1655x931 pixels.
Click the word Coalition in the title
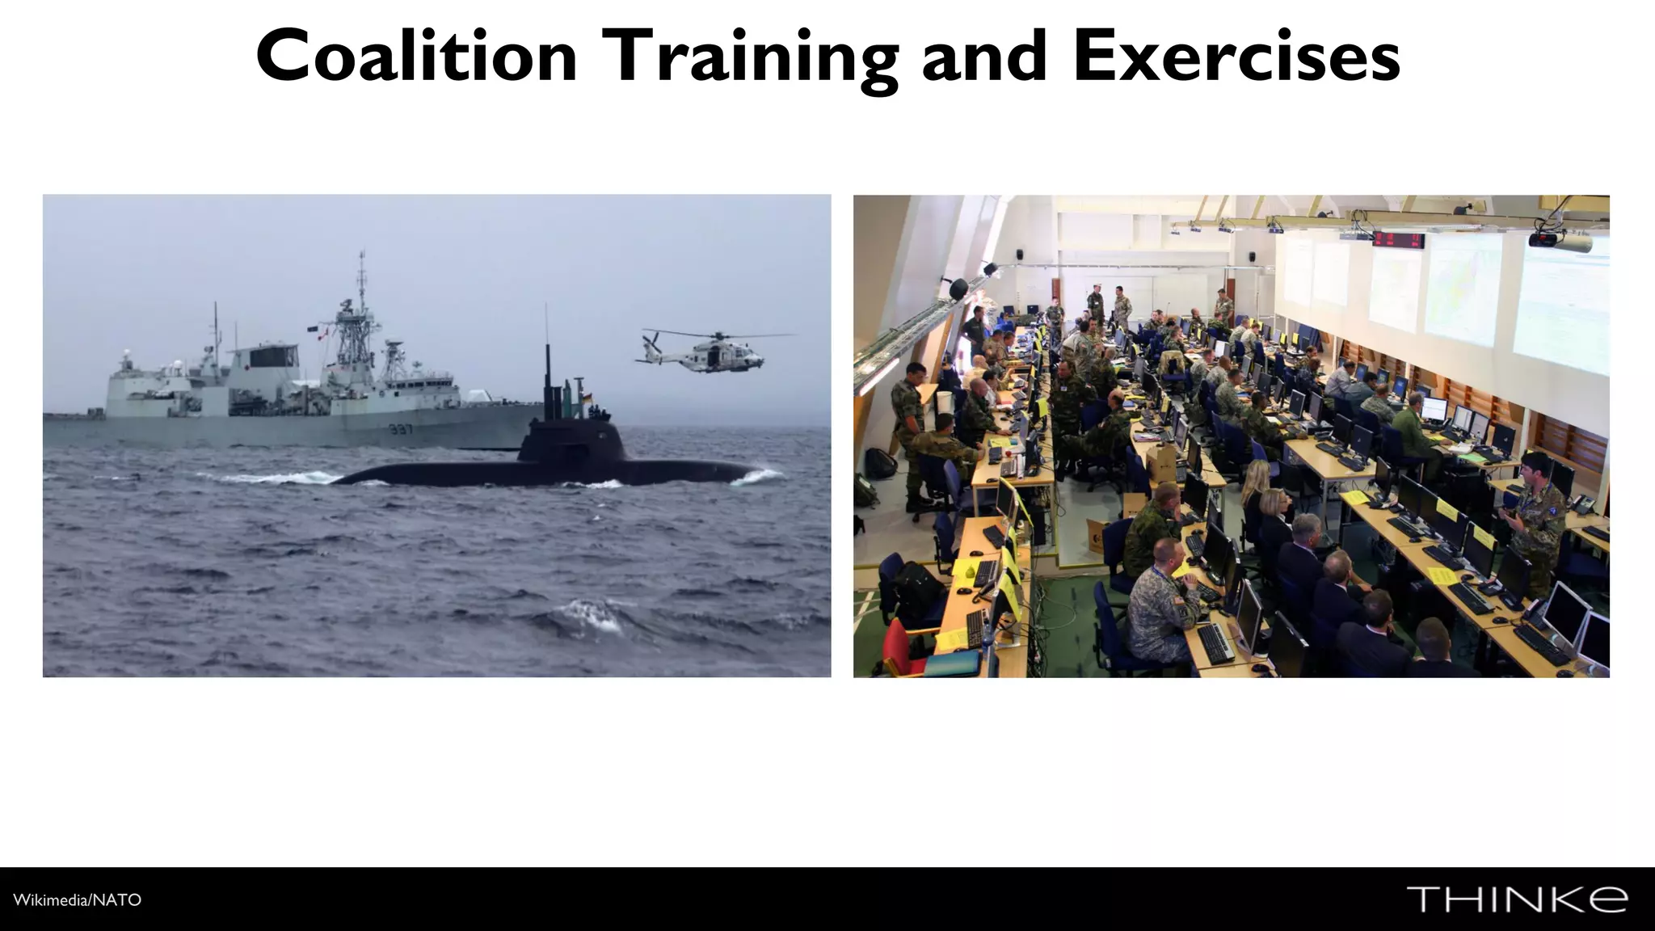coord(416,57)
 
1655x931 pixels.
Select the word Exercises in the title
coord(1236,57)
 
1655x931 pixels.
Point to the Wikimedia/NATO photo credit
coord(78,899)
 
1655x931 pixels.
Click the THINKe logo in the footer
coord(1517,899)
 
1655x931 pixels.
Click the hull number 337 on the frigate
coord(401,429)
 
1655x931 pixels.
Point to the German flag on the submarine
coord(587,397)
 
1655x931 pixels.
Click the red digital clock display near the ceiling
coord(1398,239)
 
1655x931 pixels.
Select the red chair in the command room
coord(896,647)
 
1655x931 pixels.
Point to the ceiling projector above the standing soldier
coord(1560,240)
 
